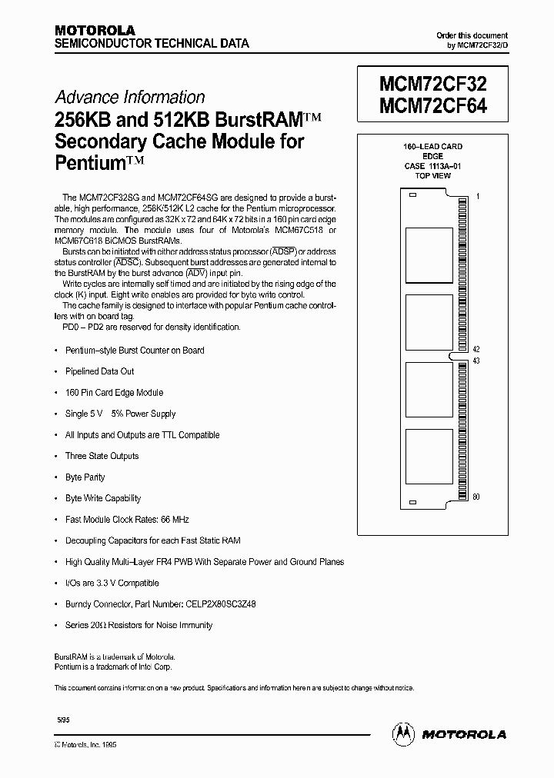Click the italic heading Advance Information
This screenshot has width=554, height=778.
[129, 98]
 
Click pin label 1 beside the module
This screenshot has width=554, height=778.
[478, 197]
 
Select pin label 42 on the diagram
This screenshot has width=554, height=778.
[476, 349]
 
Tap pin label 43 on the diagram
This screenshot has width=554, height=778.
[476, 361]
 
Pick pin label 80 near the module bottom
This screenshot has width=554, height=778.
[476, 497]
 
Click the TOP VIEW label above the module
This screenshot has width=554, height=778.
[432, 175]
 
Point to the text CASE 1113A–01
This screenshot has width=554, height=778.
[432, 165]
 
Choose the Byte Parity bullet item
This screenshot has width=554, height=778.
[85, 477]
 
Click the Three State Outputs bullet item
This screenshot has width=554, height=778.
[102, 456]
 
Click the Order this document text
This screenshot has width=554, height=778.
[472, 36]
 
